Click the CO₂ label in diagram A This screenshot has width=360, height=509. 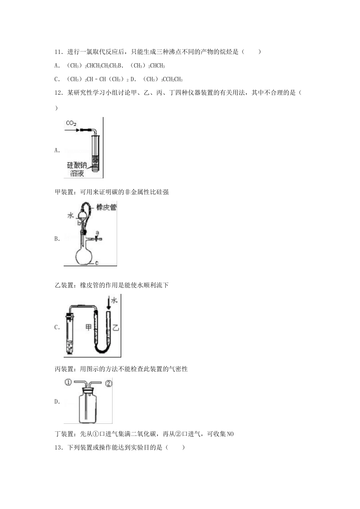tap(71, 123)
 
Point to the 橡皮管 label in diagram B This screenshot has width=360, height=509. tap(106, 207)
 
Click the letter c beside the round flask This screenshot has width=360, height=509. tap(97, 262)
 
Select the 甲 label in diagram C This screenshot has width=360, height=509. tap(89, 327)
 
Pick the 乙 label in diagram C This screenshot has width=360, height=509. tap(116, 327)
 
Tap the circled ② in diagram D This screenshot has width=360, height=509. tap(108, 383)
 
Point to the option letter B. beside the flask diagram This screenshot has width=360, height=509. tap(57, 239)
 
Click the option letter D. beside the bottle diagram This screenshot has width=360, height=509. tap(57, 402)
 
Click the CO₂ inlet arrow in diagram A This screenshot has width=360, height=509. tap(72, 130)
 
